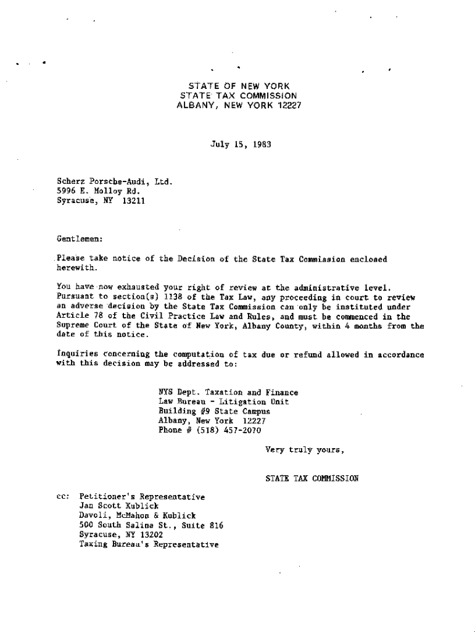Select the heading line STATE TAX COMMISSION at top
pos(238,96)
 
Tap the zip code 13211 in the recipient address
pos(133,201)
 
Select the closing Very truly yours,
pos(304,450)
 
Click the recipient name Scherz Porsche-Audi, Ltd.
pos(114,182)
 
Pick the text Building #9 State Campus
pos(214,411)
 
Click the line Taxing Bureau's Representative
pos(149,545)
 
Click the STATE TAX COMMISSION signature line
pos(312,478)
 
